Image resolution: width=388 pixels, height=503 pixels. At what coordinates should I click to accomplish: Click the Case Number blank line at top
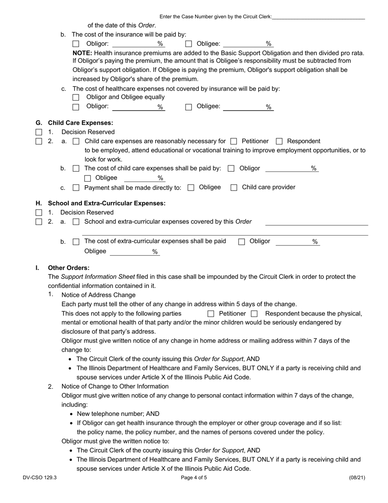318,17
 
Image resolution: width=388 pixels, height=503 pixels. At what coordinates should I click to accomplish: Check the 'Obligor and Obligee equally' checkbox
76,97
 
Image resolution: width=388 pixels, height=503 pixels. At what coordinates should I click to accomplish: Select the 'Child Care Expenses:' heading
80,123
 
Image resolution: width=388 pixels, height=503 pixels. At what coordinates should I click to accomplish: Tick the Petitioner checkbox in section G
234,141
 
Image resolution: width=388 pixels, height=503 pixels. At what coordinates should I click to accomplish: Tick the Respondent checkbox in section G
279,141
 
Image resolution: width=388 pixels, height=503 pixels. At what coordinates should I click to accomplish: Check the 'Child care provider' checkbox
234,188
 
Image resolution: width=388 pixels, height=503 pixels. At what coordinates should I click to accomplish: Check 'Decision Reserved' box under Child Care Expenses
38,132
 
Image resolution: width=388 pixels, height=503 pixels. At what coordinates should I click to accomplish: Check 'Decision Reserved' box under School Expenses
38,213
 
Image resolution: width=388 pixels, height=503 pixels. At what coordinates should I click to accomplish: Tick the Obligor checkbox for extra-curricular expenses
241,242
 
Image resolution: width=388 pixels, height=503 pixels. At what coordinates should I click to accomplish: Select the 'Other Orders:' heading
69,268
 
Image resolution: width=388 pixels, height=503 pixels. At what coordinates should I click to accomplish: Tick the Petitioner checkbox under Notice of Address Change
211,314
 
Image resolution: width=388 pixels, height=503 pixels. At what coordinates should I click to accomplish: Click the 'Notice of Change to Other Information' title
115,386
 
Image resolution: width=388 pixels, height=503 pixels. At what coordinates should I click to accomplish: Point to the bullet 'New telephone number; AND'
118,414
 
